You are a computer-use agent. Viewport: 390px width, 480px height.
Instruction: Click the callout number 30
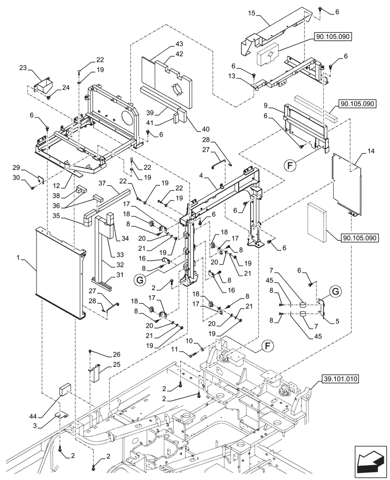30,178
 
